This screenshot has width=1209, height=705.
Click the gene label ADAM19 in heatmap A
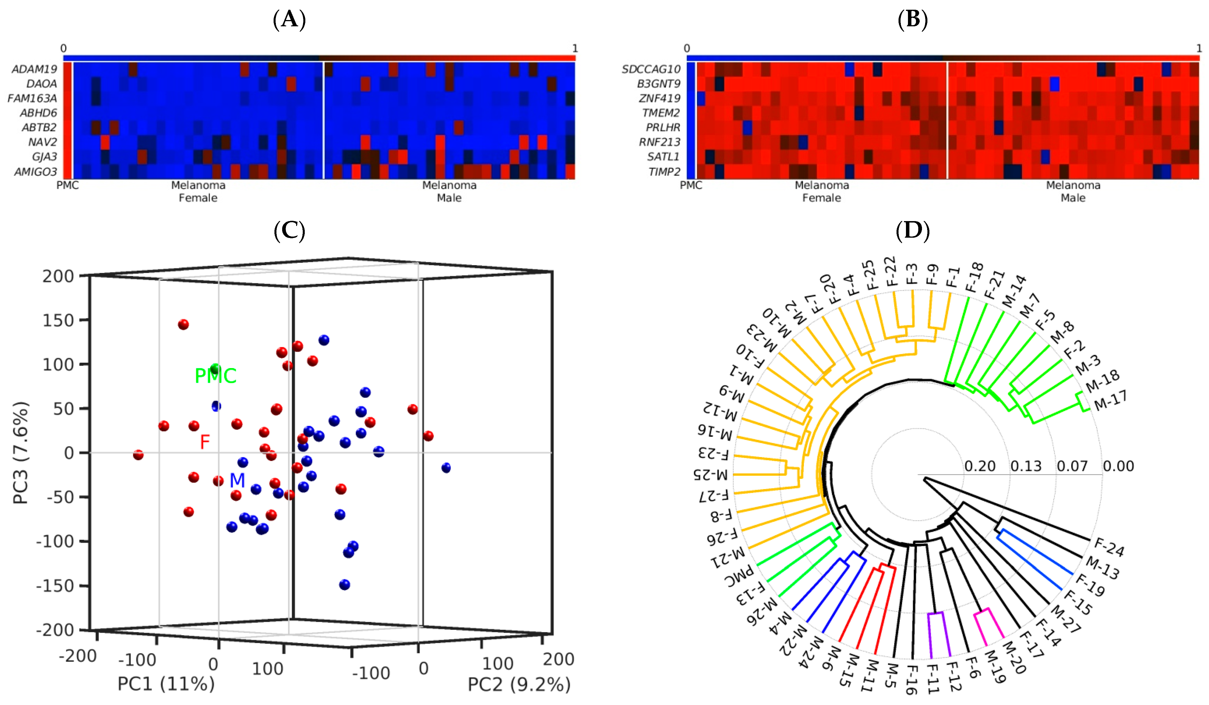[35, 69]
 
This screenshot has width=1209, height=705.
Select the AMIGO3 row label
[35, 171]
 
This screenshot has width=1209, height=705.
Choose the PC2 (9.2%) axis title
[519, 684]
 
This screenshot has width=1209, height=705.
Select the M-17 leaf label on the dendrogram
[1110, 400]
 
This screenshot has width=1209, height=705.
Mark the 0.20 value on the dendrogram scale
[980, 466]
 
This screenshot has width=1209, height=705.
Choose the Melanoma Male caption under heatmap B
[1073, 192]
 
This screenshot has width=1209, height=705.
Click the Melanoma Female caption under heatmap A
[198, 192]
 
